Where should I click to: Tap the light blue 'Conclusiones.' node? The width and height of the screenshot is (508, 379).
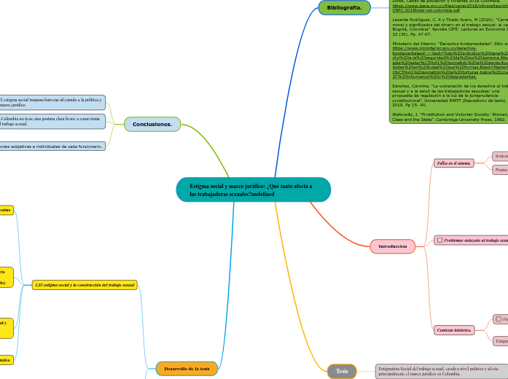pyautogui.click(x=152, y=125)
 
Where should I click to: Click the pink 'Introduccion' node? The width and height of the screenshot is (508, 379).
pyautogui.click(x=392, y=247)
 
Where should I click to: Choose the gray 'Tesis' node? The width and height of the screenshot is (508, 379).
pyautogui.click(x=342, y=371)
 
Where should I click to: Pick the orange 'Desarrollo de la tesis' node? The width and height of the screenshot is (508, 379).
pyautogui.click(x=187, y=369)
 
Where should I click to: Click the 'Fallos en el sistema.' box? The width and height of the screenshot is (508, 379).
pyautogui.click(x=453, y=163)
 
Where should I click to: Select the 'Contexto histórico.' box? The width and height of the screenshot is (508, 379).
pyautogui.click(x=454, y=330)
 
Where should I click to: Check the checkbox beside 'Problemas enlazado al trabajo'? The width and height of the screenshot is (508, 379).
pyautogui.click(x=439, y=240)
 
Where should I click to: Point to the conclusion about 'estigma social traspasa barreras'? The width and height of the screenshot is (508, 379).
pyautogui.click(x=51, y=102)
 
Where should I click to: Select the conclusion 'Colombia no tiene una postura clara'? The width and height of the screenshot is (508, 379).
pyautogui.click(x=51, y=121)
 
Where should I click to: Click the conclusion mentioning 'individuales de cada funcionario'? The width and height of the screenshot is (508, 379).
pyautogui.click(x=51, y=146)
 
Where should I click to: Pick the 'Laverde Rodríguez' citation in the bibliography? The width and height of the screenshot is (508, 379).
pyautogui.click(x=448, y=27)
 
